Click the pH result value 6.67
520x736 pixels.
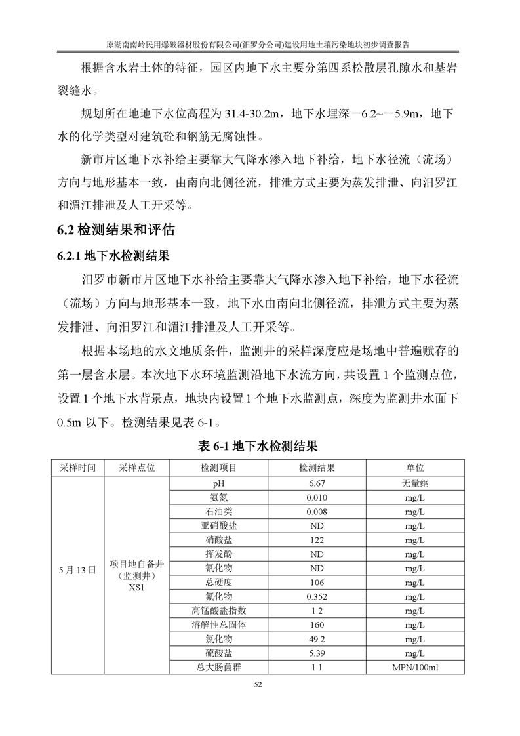(x=317, y=483)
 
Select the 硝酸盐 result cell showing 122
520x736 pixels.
(x=317, y=539)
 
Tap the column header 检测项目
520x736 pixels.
(x=218, y=468)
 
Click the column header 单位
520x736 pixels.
(x=414, y=468)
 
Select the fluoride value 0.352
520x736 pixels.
(x=317, y=596)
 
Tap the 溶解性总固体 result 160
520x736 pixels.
(x=317, y=624)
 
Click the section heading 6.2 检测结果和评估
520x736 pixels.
(x=117, y=230)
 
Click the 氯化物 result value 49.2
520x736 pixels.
(x=317, y=639)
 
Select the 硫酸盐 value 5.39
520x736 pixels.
(x=317, y=653)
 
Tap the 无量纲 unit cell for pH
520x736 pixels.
(x=414, y=483)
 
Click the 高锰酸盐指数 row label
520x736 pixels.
(x=218, y=611)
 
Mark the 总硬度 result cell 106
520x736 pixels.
(x=317, y=582)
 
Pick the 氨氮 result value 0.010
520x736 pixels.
(x=317, y=497)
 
